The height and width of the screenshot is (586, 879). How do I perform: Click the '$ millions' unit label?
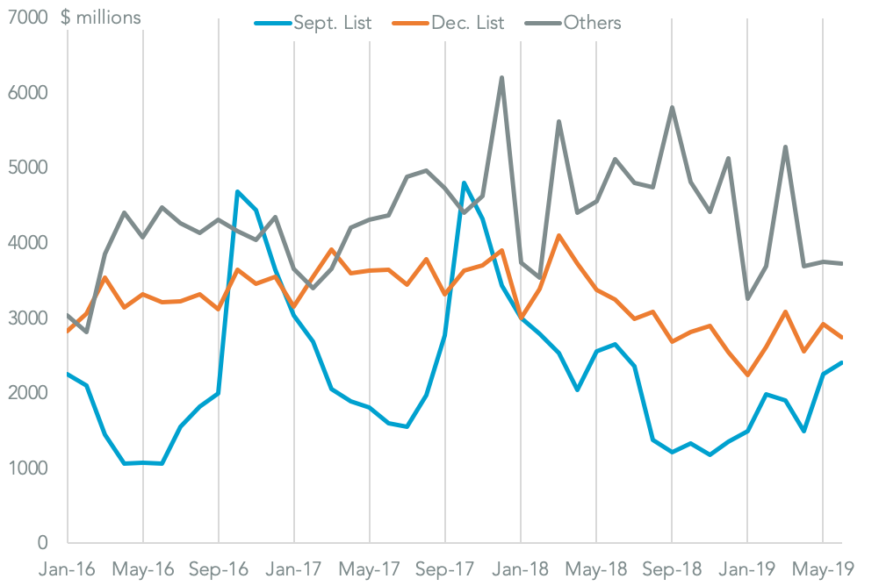tap(100, 18)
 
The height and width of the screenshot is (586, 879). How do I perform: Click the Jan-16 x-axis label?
tap(68, 568)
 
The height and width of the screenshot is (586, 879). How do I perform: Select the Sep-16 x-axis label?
tap(218, 568)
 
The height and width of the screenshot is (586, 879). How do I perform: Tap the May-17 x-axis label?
tap(369, 568)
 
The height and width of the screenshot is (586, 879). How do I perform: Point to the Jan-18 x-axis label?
tap(520, 568)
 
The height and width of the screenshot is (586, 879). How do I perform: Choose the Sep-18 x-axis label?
tap(672, 568)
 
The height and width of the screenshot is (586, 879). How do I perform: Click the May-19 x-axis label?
tap(822, 568)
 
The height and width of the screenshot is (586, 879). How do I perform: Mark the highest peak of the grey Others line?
tap(501, 77)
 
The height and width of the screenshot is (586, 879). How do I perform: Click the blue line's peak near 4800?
tap(464, 182)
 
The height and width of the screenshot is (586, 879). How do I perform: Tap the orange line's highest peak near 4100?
tap(558, 235)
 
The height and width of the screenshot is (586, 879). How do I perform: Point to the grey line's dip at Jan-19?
tap(747, 299)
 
